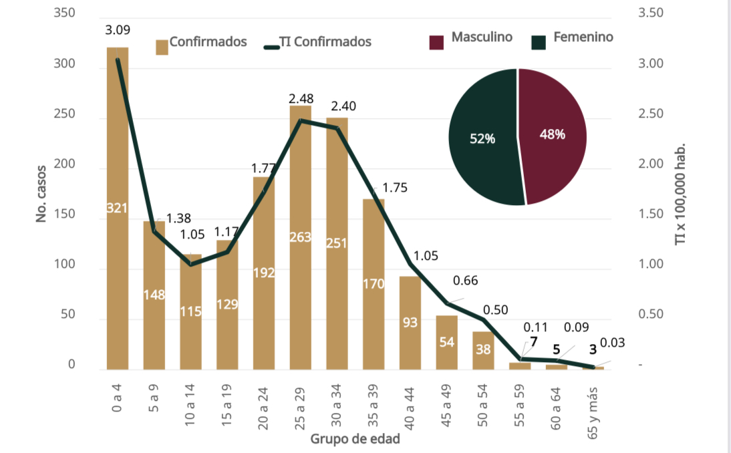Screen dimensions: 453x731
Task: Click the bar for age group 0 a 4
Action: tap(117, 267)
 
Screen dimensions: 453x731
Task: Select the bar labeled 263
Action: tap(300, 267)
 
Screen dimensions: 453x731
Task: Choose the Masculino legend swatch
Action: tap(437, 41)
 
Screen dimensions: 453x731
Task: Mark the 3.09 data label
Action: tap(118, 29)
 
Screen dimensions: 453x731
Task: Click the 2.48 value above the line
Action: tap(301, 99)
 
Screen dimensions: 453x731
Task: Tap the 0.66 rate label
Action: tap(466, 281)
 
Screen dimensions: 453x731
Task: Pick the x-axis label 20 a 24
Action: tap(264, 407)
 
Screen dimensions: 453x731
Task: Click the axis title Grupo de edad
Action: tap(355, 440)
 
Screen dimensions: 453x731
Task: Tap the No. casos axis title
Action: tap(41, 194)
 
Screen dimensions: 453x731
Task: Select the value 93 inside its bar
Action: tap(410, 323)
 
